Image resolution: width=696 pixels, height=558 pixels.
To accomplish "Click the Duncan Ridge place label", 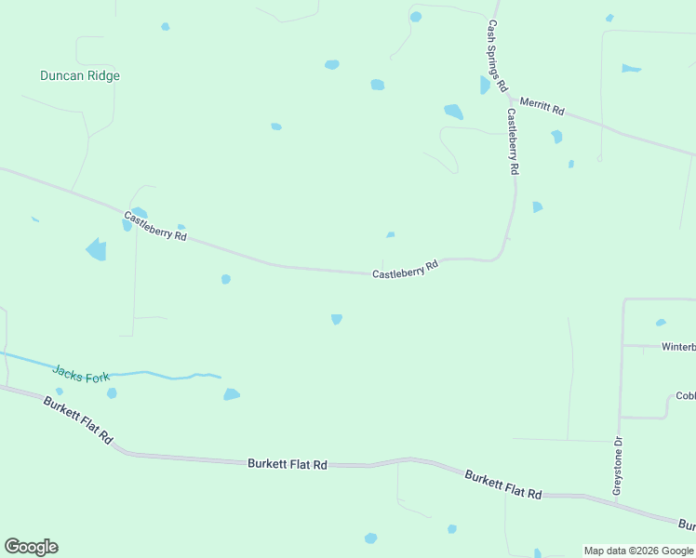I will tap(80, 76).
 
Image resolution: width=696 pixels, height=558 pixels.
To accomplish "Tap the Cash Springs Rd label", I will tap(497, 56).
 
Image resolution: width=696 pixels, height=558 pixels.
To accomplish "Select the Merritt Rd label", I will tap(542, 105).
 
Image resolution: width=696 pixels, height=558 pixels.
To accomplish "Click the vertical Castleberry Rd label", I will tap(513, 141).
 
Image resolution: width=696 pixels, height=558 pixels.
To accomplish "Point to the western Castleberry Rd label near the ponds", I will tap(155, 226).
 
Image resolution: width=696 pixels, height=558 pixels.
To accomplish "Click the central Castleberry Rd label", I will tap(405, 271).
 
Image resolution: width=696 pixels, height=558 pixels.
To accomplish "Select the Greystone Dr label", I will tap(617, 466).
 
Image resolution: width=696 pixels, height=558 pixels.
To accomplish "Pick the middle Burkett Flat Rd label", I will tap(288, 463).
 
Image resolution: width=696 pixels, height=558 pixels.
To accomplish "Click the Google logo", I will tap(31, 547).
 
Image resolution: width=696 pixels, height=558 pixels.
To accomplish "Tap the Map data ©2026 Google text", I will tap(638, 551).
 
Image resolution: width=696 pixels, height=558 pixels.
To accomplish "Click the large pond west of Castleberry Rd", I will tap(96, 249).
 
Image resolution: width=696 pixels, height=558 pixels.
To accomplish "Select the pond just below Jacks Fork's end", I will tap(232, 394).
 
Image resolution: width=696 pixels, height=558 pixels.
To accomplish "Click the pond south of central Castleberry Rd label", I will tap(337, 319).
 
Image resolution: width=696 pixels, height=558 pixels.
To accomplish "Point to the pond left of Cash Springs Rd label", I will tap(485, 86).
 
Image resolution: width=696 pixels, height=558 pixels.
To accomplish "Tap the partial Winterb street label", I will tap(678, 347).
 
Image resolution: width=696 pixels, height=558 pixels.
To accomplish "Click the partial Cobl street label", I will tap(685, 395).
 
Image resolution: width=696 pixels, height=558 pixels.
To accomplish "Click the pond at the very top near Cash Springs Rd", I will tap(416, 17).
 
